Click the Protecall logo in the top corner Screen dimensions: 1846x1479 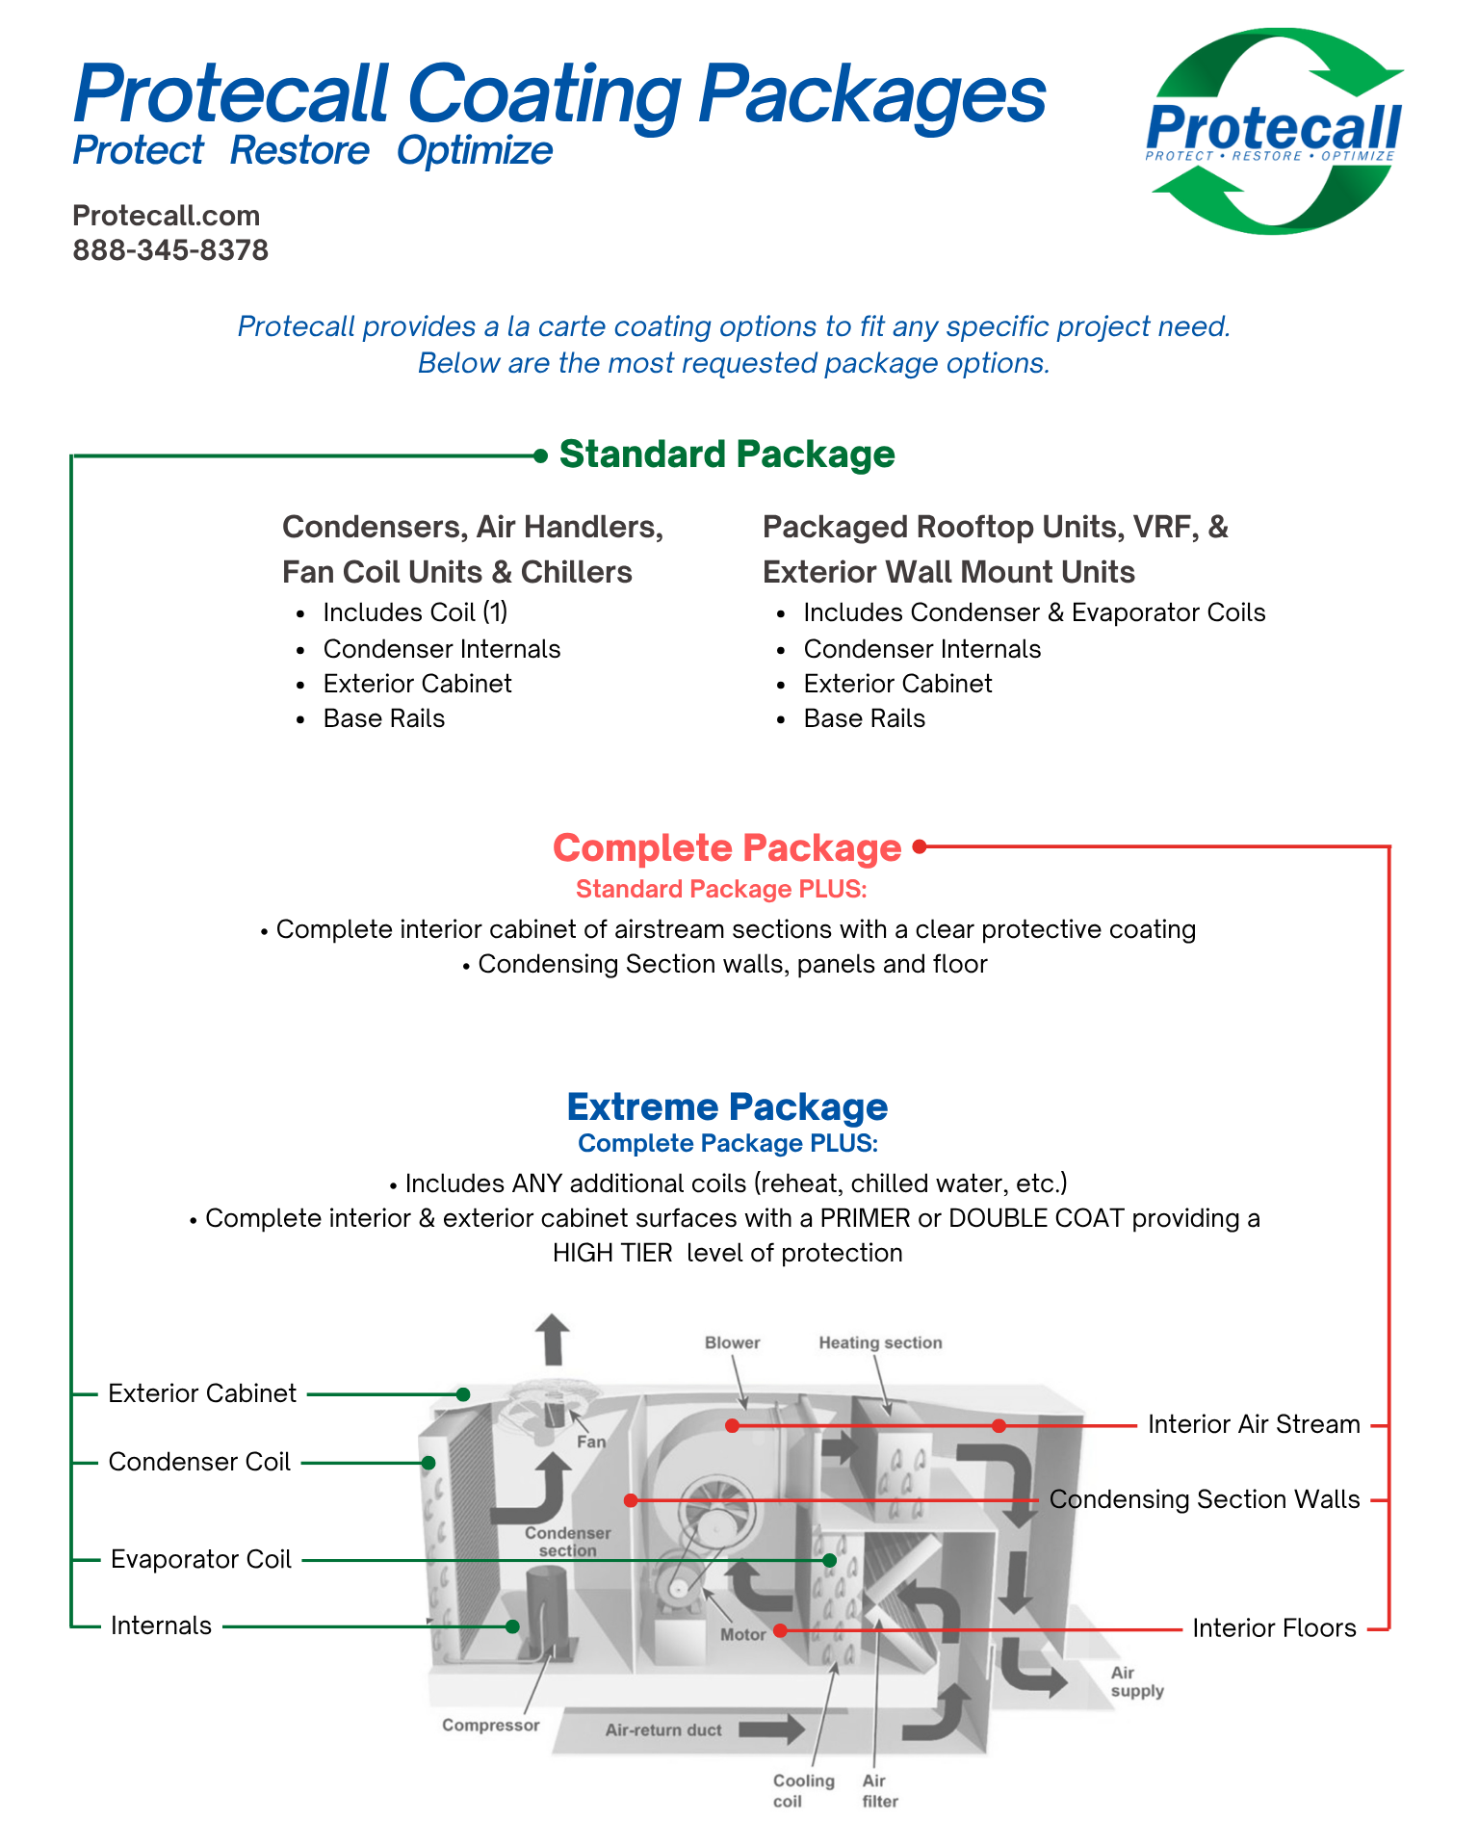tap(1273, 132)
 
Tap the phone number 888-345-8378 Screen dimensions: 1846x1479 tap(170, 250)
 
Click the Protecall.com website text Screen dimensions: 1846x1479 tap(167, 215)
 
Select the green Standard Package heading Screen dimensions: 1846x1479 tap(727, 455)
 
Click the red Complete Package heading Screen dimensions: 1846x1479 tap(727, 847)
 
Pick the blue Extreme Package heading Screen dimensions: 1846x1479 tap(727, 1106)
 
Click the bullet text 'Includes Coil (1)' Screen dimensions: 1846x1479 tap(415, 612)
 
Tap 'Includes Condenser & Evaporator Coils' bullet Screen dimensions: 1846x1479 tap(1034, 612)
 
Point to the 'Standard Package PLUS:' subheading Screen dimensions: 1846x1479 tap(721, 889)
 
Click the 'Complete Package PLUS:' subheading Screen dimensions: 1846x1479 tap(727, 1143)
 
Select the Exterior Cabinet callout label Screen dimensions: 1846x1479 tap(202, 1393)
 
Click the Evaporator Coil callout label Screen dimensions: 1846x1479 tap(201, 1559)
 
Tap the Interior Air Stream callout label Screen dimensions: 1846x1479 tap(1254, 1424)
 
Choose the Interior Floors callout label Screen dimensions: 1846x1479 tap(1274, 1628)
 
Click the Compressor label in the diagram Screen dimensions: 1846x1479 tap(491, 1725)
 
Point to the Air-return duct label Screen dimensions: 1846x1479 tap(663, 1729)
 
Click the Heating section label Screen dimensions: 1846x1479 tap(880, 1342)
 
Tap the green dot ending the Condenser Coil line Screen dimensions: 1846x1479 tap(428, 1463)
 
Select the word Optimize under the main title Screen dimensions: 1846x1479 tap(475, 151)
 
